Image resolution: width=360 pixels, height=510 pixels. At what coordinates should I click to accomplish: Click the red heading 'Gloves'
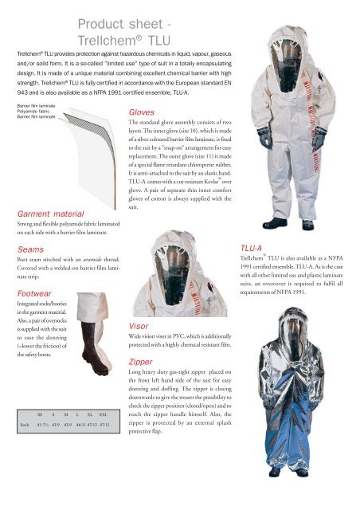tap(143, 114)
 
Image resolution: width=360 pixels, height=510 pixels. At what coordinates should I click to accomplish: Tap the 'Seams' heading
tap(21, 250)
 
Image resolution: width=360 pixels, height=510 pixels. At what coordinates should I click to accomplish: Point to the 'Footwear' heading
tap(26, 294)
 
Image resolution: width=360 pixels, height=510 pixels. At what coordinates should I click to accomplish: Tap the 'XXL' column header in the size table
tap(104, 415)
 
